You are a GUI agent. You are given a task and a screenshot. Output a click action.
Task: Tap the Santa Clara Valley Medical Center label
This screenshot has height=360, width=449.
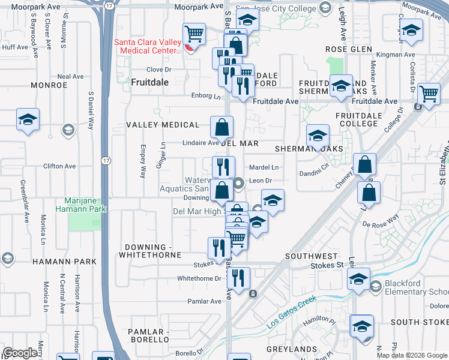click(147, 46)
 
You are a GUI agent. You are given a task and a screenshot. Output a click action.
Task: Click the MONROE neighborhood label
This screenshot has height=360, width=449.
click(46, 85)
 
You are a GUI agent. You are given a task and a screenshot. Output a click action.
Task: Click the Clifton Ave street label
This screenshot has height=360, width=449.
click(59, 166)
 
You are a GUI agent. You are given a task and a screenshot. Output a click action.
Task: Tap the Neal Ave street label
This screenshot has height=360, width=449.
click(70, 77)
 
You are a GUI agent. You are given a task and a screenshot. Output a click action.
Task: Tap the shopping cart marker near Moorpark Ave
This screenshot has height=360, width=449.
click(194, 34)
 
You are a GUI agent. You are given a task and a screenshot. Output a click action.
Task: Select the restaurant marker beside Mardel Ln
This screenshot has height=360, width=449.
click(223, 166)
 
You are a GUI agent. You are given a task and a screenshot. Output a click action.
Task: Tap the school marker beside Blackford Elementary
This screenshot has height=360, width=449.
click(358, 279)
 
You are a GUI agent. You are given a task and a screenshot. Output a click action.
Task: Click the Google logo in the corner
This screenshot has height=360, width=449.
click(20, 353)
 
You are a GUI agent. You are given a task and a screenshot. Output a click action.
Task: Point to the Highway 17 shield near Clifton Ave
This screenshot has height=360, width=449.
click(106, 161)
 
